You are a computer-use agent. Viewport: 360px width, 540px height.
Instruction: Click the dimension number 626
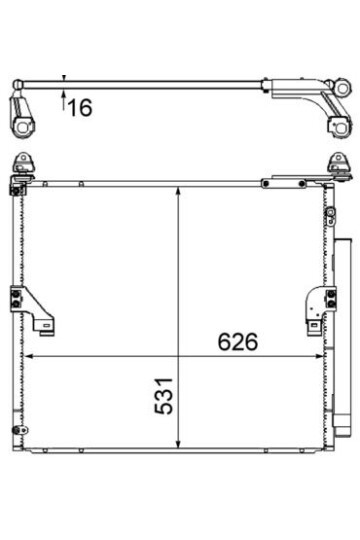tap(238, 341)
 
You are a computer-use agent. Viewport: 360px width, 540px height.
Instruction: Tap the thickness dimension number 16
tap(80, 107)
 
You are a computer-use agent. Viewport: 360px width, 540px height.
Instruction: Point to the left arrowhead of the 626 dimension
tap(27, 356)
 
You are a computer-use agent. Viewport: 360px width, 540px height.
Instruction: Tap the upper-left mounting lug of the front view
tap(21, 164)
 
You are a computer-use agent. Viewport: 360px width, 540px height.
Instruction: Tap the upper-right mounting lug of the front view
tap(340, 164)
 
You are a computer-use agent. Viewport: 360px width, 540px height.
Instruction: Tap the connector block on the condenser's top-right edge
tap(284, 182)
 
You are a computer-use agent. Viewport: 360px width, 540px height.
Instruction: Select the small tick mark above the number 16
tap(63, 76)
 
